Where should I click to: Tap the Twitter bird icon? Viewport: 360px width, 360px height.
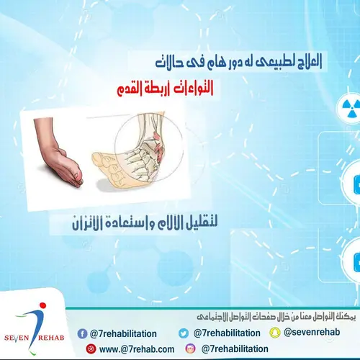click(184, 333)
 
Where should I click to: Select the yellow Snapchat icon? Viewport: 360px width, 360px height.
click(274, 333)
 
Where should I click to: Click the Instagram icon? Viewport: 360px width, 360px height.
click(189, 348)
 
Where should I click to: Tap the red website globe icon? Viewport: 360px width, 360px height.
click(91, 348)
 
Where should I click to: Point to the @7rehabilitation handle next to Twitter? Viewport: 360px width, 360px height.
click(226, 333)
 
